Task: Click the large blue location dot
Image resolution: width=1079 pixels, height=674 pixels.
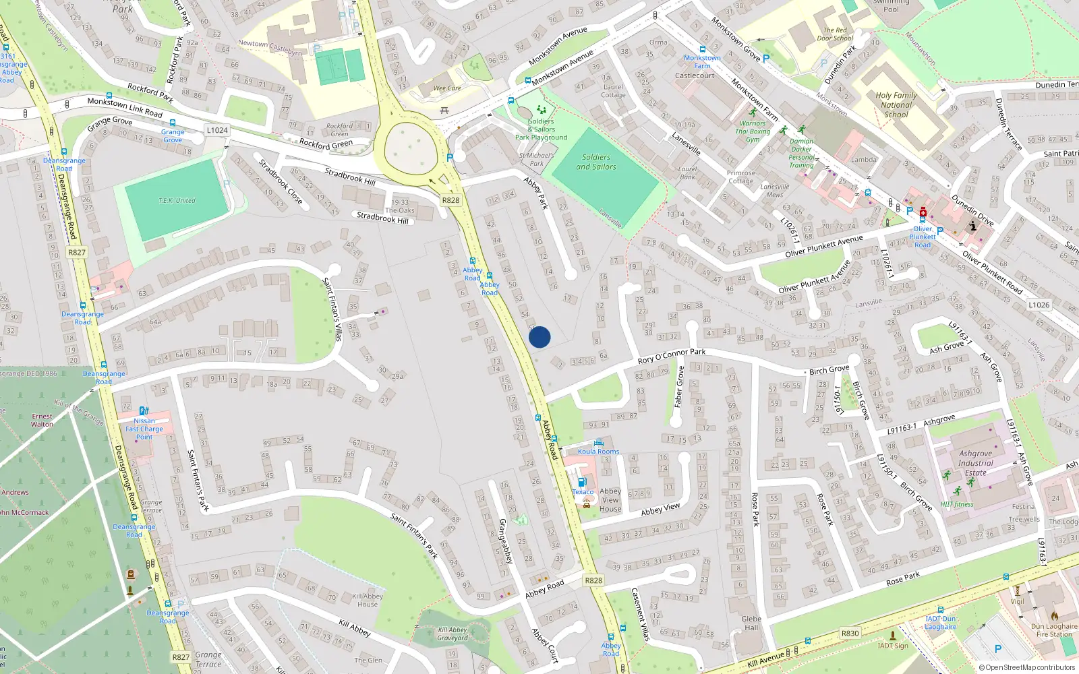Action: (539, 337)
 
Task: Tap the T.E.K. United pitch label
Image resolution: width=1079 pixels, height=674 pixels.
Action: (177, 201)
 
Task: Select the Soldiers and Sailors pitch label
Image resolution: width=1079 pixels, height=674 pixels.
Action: (596, 162)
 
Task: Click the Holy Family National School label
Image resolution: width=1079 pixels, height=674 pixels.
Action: (896, 105)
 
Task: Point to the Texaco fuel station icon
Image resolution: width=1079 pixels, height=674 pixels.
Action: (582, 483)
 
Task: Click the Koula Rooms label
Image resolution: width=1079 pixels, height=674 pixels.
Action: (598, 452)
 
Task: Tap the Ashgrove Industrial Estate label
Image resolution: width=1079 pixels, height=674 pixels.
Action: (975, 463)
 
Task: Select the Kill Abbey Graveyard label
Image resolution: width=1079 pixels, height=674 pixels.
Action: (452, 634)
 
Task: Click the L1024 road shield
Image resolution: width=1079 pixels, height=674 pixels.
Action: (217, 130)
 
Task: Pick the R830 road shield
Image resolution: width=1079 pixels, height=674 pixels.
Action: (850, 634)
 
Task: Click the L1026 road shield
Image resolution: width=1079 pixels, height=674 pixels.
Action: (1039, 305)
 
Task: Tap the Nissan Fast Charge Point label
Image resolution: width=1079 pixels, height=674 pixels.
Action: (144, 429)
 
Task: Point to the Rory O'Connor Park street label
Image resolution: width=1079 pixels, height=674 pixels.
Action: (672, 355)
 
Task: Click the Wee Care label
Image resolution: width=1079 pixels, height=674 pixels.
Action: (447, 88)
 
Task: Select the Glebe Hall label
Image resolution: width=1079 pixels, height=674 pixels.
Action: (751, 623)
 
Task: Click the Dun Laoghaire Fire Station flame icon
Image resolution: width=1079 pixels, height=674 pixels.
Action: (1055, 616)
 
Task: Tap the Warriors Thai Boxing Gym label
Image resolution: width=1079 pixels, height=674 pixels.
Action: (752, 131)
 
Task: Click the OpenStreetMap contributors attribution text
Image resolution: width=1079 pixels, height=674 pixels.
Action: (1027, 668)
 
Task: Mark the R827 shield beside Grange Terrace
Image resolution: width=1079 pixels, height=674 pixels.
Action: (181, 657)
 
